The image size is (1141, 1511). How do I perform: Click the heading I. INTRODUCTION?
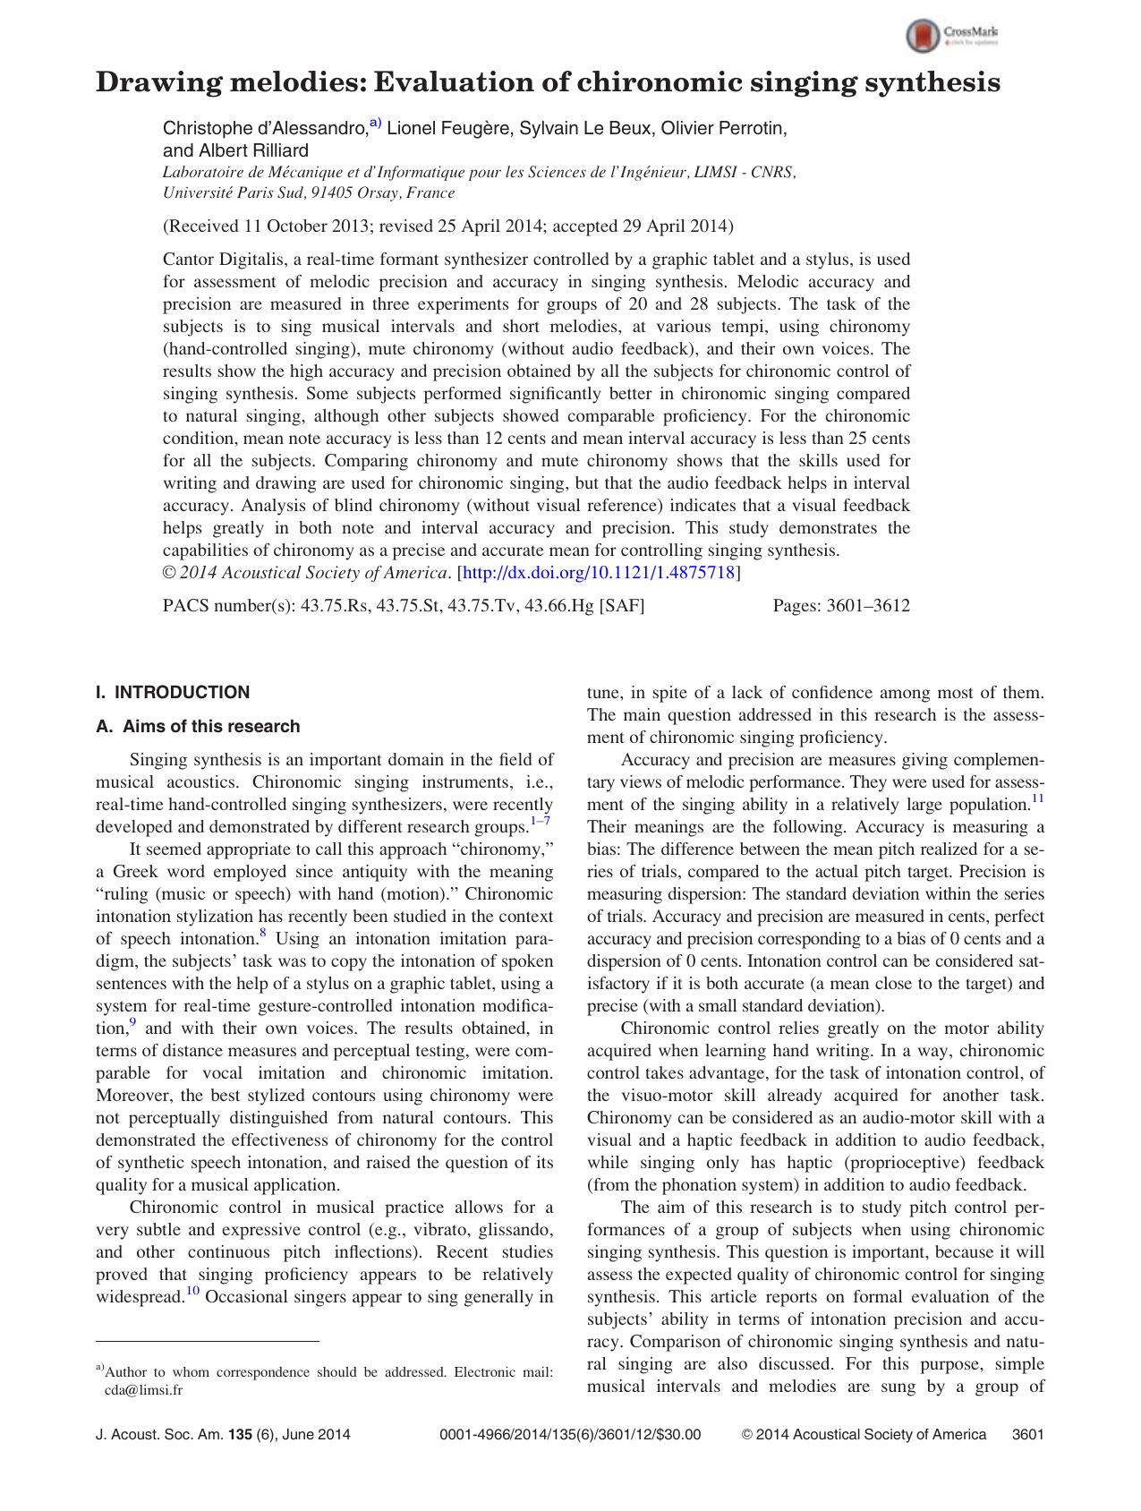(x=173, y=692)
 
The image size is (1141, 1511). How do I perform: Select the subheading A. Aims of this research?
(x=198, y=726)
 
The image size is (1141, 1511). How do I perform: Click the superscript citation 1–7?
(x=541, y=821)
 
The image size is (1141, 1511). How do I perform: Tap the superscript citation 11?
(x=1037, y=798)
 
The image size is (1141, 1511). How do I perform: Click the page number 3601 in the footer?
(x=1027, y=1434)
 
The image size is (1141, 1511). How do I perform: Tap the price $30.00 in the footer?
(x=679, y=1434)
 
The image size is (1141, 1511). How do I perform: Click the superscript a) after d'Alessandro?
(x=375, y=124)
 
